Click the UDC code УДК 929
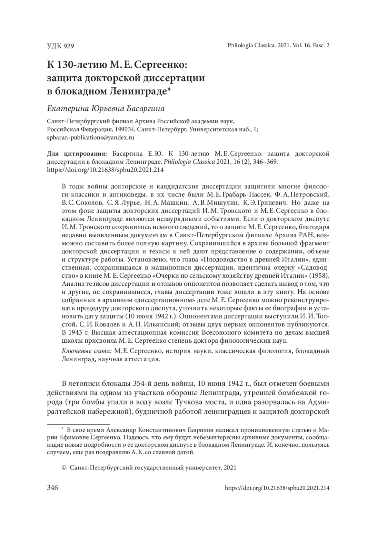(60, 46)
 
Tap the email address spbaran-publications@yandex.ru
(90, 137)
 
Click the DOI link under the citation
(105, 170)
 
